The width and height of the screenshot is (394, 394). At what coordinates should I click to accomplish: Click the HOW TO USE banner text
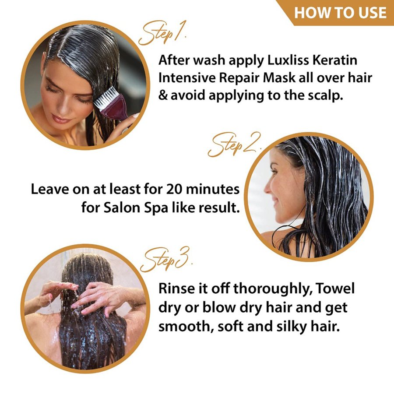click(x=340, y=13)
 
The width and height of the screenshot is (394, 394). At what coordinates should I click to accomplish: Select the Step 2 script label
click(x=234, y=145)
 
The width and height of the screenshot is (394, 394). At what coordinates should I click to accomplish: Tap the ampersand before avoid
click(x=163, y=95)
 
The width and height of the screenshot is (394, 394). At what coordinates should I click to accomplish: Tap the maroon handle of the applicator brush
click(x=116, y=108)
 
